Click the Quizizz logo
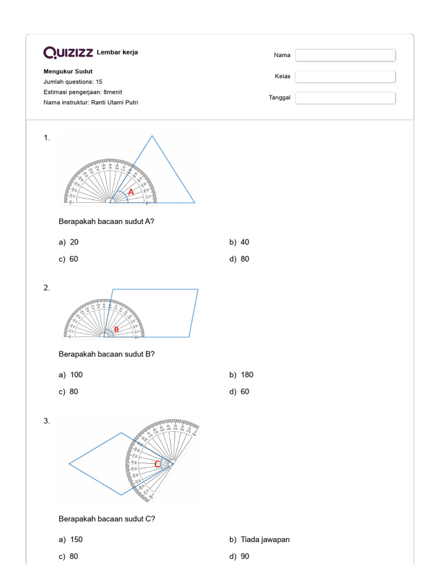[x=69, y=53]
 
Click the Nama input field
[x=345, y=55]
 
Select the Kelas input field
[x=345, y=77]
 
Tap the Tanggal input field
[x=345, y=98]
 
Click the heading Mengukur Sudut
[x=64, y=71]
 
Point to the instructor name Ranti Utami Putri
[x=114, y=102]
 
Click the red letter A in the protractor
[x=131, y=193]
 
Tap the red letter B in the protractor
[x=116, y=330]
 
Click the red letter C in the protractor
[x=157, y=464]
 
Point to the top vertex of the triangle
[x=152, y=136]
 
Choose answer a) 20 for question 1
[x=69, y=242]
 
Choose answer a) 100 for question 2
[x=70, y=375]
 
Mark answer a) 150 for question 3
[x=70, y=539]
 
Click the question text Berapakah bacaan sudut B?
[x=107, y=354]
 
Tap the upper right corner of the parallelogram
[x=198, y=290]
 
